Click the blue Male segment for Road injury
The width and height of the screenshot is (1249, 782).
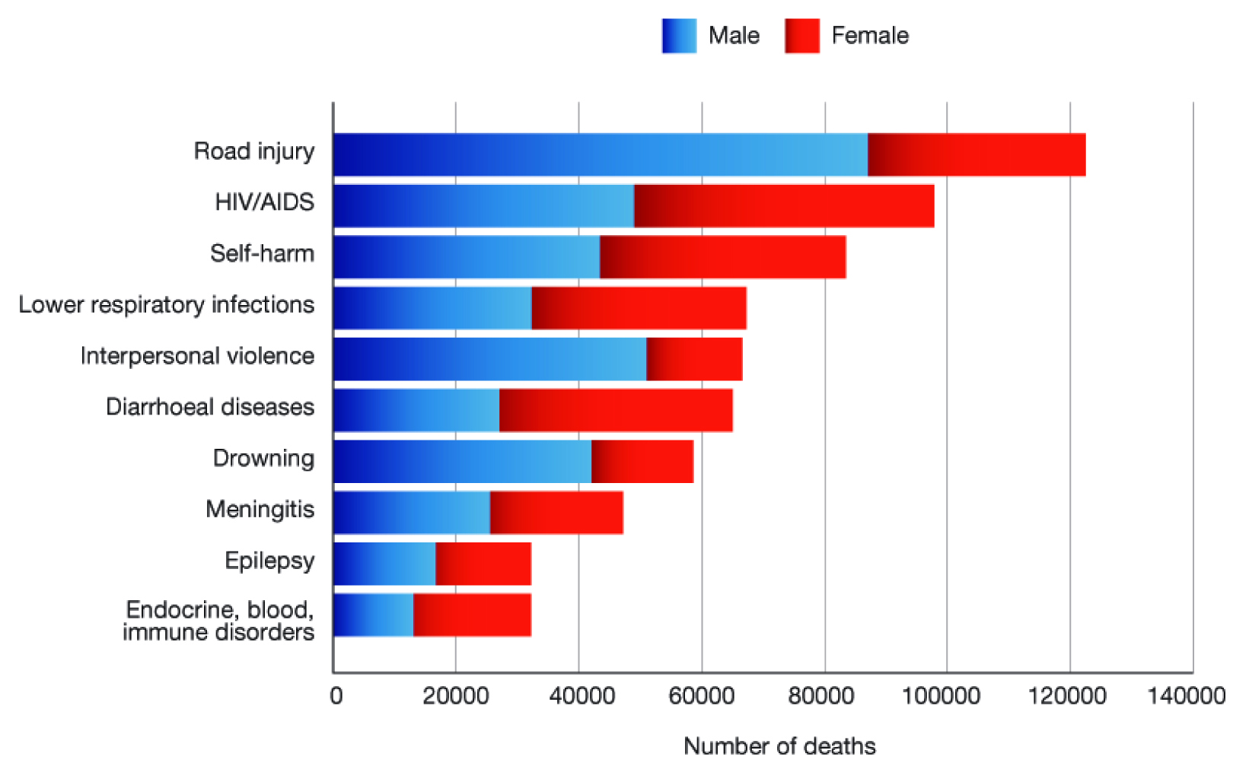(600, 154)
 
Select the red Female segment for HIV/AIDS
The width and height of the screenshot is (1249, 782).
(784, 205)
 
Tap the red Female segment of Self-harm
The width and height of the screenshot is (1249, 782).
(722, 257)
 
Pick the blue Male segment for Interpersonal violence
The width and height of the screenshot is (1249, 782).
(489, 359)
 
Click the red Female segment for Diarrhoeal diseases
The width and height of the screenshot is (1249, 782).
(616, 410)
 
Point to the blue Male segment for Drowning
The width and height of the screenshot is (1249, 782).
(462, 461)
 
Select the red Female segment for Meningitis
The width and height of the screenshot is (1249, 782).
(556, 513)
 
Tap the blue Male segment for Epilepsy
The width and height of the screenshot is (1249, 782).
(384, 564)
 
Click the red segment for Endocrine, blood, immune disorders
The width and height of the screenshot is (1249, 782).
(472, 615)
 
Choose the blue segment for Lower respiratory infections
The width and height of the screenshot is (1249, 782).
(432, 308)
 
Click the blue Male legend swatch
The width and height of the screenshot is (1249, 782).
(679, 36)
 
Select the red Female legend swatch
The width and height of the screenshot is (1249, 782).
(802, 36)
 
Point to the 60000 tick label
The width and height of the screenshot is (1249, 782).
(702, 696)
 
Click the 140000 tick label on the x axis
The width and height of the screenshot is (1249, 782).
(1186, 696)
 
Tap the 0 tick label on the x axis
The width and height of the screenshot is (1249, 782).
(336, 696)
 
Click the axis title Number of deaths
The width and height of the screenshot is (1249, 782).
(779, 746)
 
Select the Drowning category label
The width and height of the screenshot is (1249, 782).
(263, 458)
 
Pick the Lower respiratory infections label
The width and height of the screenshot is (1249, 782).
(167, 304)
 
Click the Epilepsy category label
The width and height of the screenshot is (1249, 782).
(269, 561)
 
